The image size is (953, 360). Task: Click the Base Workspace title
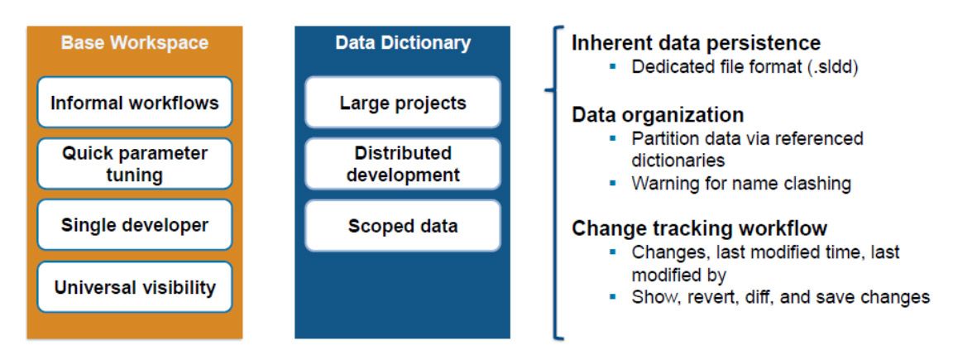(x=134, y=43)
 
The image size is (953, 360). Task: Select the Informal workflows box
(x=134, y=103)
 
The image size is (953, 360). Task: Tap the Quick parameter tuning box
(x=134, y=164)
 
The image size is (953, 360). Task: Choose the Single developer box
(x=134, y=225)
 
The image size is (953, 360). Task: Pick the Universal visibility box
(x=134, y=287)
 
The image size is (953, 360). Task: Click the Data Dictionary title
(x=402, y=43)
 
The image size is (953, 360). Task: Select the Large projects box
(x=402, y=103)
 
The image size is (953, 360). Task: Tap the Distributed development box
(x=402, y=164)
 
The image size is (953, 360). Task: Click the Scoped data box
(x=402, y=226)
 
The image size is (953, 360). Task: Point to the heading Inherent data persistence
(x=696, y=43)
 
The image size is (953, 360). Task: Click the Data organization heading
(x=658, y=114)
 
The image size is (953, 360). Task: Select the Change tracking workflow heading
(x=699, y=228)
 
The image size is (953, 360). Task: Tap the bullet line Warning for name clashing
(x=740, y=183)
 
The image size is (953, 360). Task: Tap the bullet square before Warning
(x=613, y=183)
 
